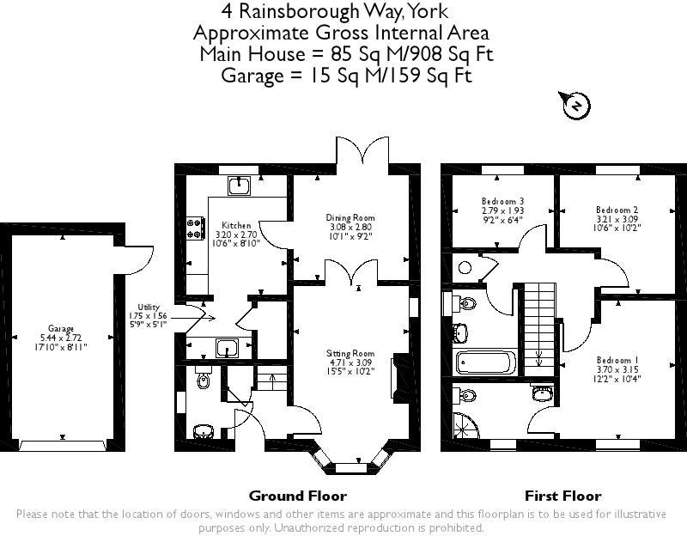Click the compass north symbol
tap(577, 106)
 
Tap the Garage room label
tap(61, 328)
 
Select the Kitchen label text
tap(236, 225)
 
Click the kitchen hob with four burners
tap(195, 228)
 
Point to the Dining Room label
tap(350, 218)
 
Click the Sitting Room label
tap(350, 353)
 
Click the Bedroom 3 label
tap(502, 201)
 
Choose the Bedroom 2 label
tap(617, 209)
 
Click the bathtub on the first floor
tap(486, 362)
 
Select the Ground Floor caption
tap(297, 496)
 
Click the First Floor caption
tap(562, 496)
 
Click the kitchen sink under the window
tap(241, 186)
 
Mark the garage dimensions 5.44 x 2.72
tap(61, 338)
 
